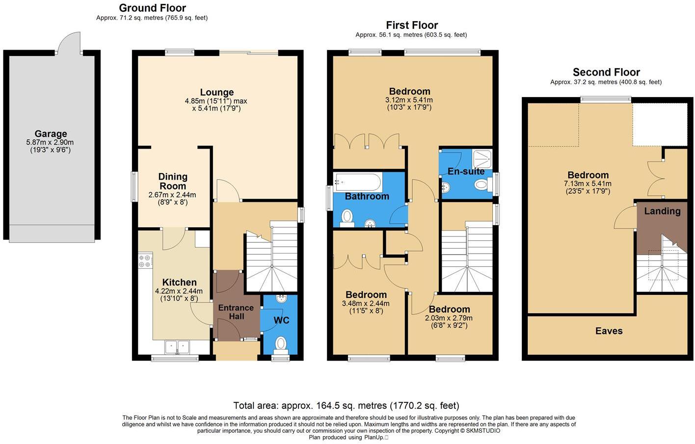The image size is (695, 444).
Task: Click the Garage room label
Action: coord(51,134)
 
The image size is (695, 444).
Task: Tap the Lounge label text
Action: coord(216,92)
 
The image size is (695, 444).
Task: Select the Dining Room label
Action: coord(173,181)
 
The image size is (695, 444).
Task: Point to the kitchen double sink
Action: coord(177,347)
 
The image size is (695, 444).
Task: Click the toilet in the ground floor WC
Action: coord(281,343)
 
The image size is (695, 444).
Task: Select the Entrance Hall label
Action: coord(236,312)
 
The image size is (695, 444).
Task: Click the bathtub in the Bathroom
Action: coord(357,182)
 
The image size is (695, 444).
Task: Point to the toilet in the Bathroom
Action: coord(347,216)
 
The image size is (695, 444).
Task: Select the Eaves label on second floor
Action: coord(609,331)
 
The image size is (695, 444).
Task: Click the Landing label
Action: coord(662,211)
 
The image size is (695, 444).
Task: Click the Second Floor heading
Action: coord(606,72)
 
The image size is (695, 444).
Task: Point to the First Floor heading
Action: coord(411,25)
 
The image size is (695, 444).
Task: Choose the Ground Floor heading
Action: coord(152,8)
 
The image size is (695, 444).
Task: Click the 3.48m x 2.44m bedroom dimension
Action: coord(366,304)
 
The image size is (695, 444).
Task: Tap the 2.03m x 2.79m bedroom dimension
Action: coord(449,318)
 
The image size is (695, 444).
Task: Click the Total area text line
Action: coord(346,406)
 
